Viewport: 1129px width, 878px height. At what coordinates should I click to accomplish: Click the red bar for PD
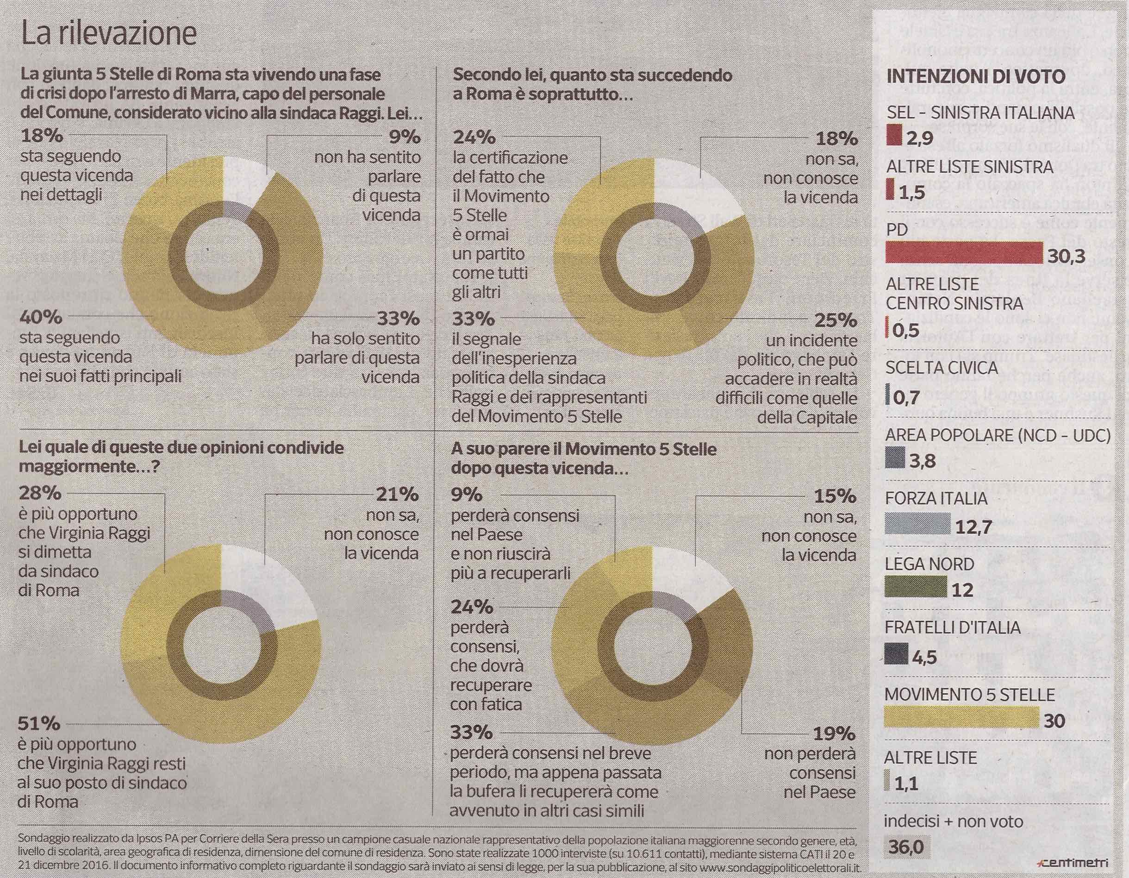click(x=964, y=253)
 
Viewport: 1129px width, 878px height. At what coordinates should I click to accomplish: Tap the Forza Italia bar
click(x=917, y=523)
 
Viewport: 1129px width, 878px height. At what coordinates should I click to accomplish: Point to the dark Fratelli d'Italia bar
click(x=896, y=653)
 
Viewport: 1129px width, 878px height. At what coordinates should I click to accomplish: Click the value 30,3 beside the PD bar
click(x=1066, y=256)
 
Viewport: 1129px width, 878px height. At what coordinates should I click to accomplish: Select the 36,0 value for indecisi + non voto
click(x=906, y=847)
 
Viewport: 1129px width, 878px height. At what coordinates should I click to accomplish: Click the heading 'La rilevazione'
click(x=109, y=34)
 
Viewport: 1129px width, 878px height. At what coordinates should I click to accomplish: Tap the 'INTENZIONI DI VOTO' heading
click(x=975, y=76)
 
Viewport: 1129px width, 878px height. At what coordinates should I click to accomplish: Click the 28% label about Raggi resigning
click(x=40, y=492)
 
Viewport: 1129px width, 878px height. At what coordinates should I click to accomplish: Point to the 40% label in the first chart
click(x=41, y=316)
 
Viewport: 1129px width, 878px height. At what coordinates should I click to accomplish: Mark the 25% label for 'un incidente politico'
click(x=836, y=320)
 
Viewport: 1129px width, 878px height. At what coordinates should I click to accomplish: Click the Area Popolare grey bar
click(x=895, y=458)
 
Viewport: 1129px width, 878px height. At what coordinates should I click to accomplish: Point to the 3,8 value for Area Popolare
click(x=922, y=460)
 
